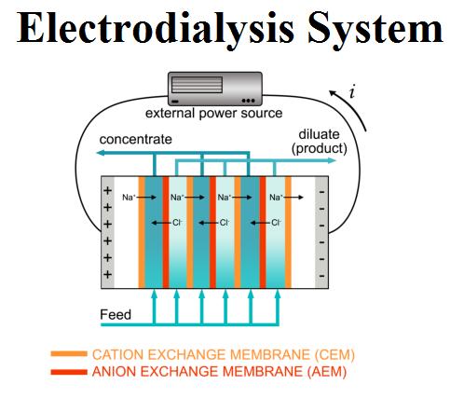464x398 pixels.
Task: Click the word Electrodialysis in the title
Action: (x=156, y=28)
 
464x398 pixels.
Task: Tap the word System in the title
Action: (x=375, y=30)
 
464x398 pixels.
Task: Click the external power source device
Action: (x=215, y=89)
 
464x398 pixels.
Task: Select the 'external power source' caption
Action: (x=214, y=113)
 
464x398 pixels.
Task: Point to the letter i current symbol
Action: (x=351, y=92)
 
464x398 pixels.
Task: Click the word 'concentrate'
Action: (x=135, y=139)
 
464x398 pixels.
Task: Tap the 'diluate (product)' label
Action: (x=319, y=142)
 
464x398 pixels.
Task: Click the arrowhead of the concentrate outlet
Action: (x=100, y=153)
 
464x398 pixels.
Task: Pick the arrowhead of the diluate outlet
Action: (x=332, y=160)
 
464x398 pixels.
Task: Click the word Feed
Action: (x=116, y=315)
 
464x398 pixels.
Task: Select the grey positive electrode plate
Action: (x=107, y=232)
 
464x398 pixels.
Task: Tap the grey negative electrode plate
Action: (x=321, y=232)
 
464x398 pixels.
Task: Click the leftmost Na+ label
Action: (x=129, y=197)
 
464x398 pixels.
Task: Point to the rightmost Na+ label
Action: (x=276, y=197)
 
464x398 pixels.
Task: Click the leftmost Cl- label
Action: (x=177, y=223)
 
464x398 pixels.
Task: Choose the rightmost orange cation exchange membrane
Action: (x=288, y=232)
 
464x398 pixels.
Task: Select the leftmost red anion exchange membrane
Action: (x=166, y=232)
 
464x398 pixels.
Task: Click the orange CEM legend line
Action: (x=69, y=354)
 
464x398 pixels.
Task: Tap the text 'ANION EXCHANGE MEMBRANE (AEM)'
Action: (x=219, y=372)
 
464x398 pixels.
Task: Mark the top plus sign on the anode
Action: (x=107, y=190)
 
